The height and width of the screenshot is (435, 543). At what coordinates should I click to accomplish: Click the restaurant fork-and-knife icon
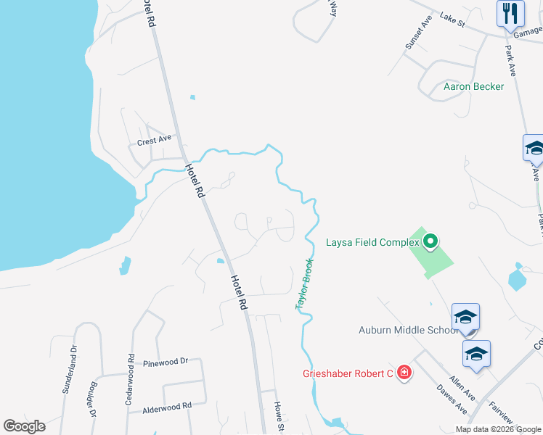(x=510, y=13)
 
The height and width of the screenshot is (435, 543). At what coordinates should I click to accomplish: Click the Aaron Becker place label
(x=473, y=86)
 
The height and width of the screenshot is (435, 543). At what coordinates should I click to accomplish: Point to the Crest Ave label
(x=154, y=141)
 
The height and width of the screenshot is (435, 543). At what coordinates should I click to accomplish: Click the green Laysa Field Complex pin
(x=430, y=240)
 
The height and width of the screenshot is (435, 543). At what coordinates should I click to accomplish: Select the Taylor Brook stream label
(x=304, y=284)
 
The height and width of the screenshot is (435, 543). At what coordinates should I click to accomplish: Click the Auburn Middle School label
(x=408, y=330)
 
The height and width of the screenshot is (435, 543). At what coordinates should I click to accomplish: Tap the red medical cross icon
(x=404, y=374)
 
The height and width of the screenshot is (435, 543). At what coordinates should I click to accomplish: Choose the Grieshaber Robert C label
(x=348, y=374)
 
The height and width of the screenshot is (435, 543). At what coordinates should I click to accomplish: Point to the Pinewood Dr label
(x=166, y=361)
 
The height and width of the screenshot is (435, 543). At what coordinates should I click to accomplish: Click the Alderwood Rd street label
(x=166, y=407)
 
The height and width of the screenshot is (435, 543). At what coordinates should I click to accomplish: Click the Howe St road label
(x=278, y=418)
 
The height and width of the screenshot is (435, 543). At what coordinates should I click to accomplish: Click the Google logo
(x=24, y=426)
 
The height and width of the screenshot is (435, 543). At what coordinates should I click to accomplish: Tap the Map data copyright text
(x=499, y=429)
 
